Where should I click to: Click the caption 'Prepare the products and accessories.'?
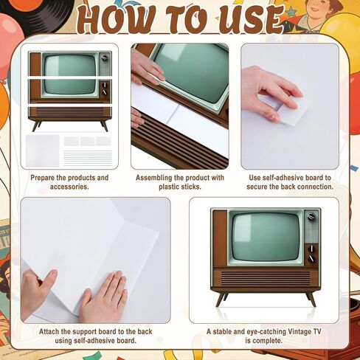coord(69,182)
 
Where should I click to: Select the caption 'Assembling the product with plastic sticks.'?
coord(179,182)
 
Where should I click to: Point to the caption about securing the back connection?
coord(291,182)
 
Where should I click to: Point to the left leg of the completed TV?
coord(220,299)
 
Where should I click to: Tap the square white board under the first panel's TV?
coord(43,150)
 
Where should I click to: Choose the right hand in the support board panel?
coord(103,297)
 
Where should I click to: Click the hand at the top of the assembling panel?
coord(146,66)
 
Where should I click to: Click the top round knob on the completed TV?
coord(311,218)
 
